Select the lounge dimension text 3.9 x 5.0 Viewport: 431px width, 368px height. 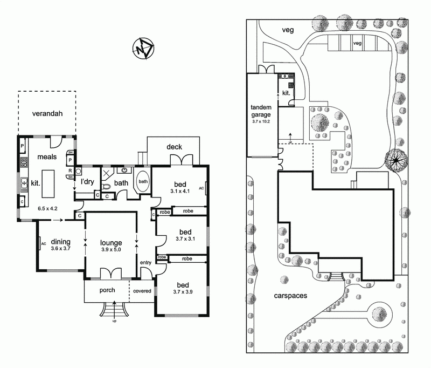110,250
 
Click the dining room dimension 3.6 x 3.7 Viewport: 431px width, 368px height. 60,249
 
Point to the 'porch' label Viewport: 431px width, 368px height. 108,290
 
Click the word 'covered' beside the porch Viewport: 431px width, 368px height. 142,291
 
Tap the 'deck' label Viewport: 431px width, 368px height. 173,146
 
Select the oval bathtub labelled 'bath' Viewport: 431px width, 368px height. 143,181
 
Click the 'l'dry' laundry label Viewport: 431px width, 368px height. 88,182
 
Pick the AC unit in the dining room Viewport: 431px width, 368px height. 42,244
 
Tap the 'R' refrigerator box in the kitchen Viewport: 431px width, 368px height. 71,171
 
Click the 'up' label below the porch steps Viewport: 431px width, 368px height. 114,322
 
